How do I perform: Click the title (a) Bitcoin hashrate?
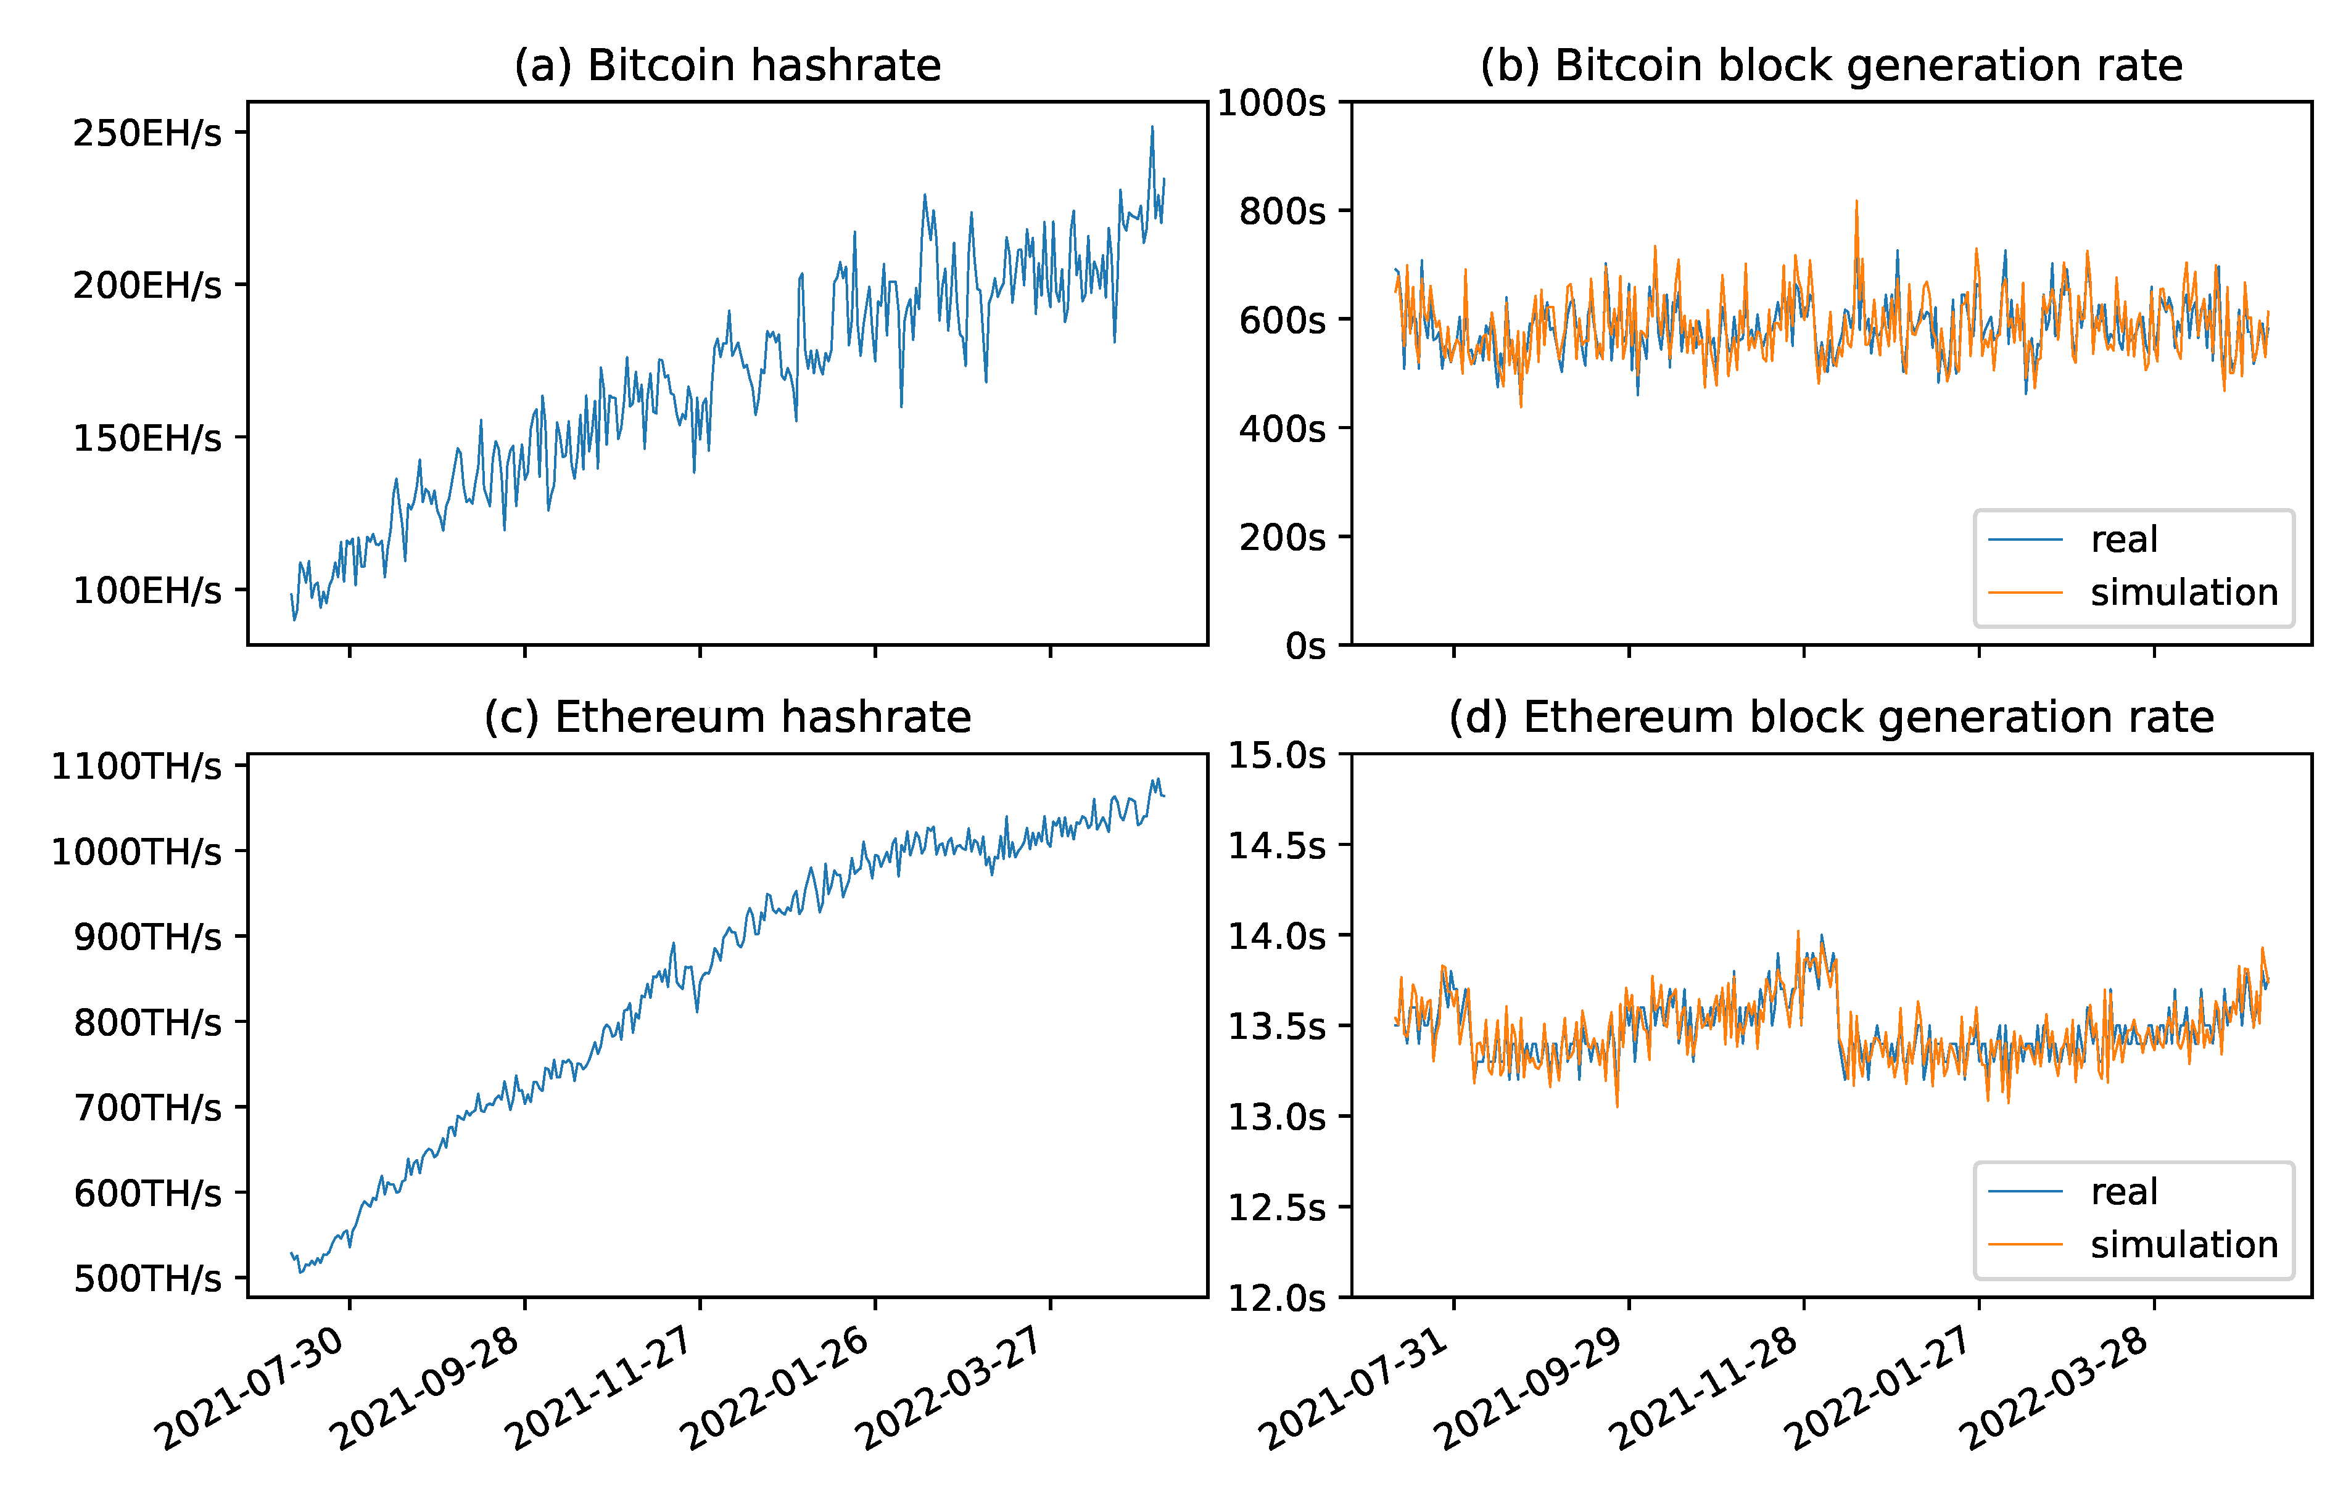point(727,66)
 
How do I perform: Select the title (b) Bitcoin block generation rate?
point(1830,66)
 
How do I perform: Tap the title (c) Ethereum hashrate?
point(727,718)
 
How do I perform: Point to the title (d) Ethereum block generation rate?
point(1830,718)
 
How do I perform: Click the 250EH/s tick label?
point(147,133)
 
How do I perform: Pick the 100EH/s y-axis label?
point(147,590)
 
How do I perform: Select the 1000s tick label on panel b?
point(1271,102)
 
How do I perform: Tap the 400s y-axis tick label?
point(1282,429)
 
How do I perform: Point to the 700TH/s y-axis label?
point(147,1108)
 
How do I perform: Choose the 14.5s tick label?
point(1277,845)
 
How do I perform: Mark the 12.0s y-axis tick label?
point(1277,1299)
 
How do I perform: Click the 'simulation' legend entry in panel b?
point(2183,593)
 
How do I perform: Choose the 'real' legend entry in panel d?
point(2125,1191)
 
